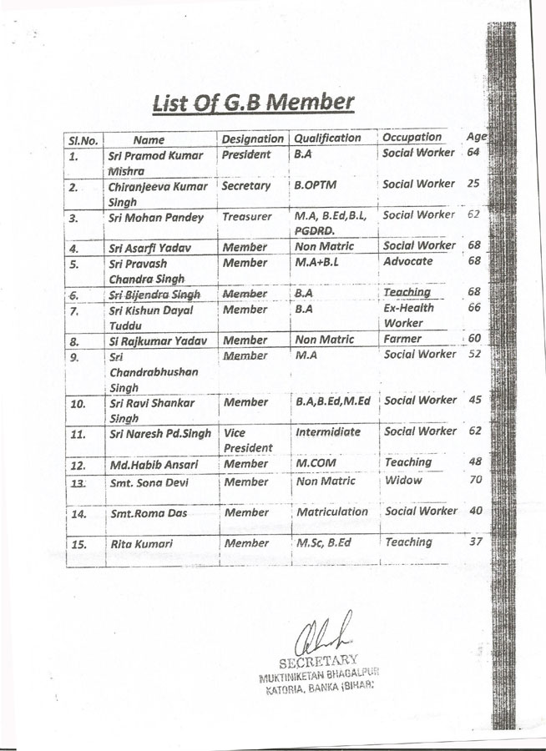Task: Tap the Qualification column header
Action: [x=327, y=138]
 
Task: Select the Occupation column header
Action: [x=412, y=137]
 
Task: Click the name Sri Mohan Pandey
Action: [x=156, y=218]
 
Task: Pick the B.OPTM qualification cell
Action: [x=315, y=186]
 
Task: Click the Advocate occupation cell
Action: [x=407, y=261]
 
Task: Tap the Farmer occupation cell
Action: [x=403, y=339]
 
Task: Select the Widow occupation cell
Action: [x=403, y=480]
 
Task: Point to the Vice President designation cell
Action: [x=248, y=441]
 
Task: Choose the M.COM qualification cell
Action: [x=316, y=462]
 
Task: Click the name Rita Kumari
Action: [x=142, y=544]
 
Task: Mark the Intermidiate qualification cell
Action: [x=328, y=432]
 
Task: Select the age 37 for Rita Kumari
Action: [x=475, y=542]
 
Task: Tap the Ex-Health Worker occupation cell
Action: [x=408, y=315]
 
